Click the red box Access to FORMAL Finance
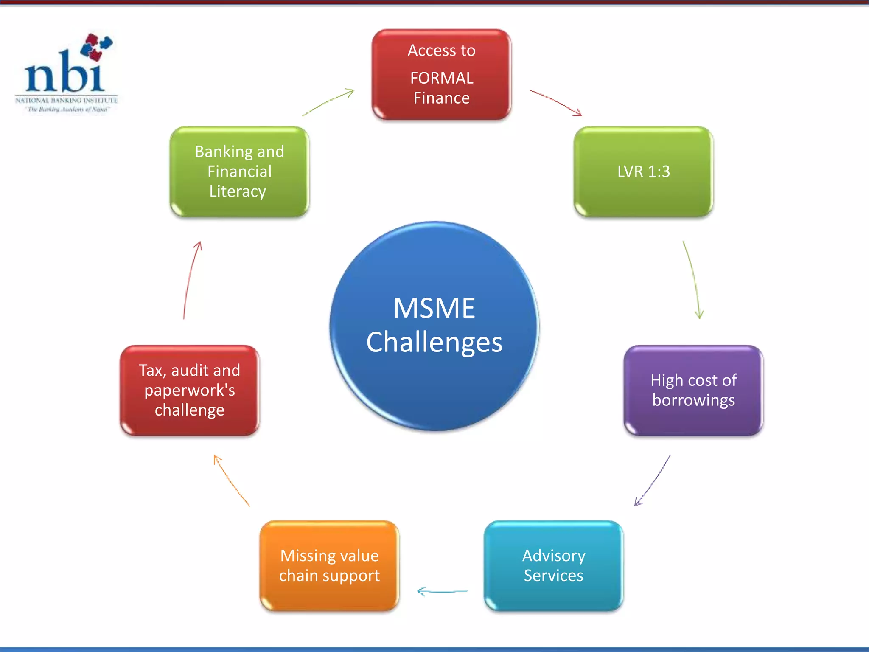pyautogui.click(x=441, y=74)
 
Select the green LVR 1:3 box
pyautogui.click(x=643, y=171)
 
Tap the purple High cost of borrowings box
pyautogui.click(x=693, y=391)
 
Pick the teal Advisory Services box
pyautogui.click(x=553, y=566)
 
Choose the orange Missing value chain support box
pyautogui.click(x=329, y=566)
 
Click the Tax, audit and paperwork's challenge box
pyautogui.click(x=189, y=391)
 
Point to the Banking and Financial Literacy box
pyautogui.click(x=239, y=171)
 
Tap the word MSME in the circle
pyautogui.click(x=434, y=308)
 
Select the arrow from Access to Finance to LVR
pyautogui.click(x=555, y=102)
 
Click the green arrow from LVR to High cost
pyautogui.click(x=692, y=280)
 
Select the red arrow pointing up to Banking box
pyautogui.click(x=191, y=280)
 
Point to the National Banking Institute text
pyautogui.click(x=66, y=101)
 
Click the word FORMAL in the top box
pyautogui.click(x=441, y=78)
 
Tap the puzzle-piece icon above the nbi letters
pyautogui.click(x=96, y=46)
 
